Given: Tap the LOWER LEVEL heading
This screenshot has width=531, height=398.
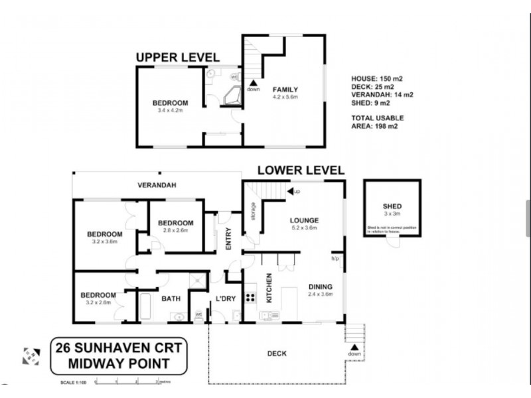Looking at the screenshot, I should pos(301,170).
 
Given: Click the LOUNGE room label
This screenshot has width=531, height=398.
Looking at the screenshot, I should pos(305,220).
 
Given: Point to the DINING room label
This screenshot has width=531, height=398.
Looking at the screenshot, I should pos(319,287).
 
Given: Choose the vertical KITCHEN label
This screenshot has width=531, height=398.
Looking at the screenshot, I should pos(269,288).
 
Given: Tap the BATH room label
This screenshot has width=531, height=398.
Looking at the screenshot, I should pos(171,298).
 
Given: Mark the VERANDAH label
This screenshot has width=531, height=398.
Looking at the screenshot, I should pos(157,185).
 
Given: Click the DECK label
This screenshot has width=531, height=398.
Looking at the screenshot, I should pos(277,354).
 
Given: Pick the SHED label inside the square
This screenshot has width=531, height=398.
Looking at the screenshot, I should pos(392,206).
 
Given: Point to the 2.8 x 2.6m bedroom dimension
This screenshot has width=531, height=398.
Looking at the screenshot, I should pos(175,231).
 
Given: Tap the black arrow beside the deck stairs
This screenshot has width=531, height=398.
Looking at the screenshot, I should pos(354,346).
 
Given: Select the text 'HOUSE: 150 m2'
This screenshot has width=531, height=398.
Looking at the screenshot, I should pos(376,78).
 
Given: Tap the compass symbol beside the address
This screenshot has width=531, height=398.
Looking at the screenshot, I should pos(30,356).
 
